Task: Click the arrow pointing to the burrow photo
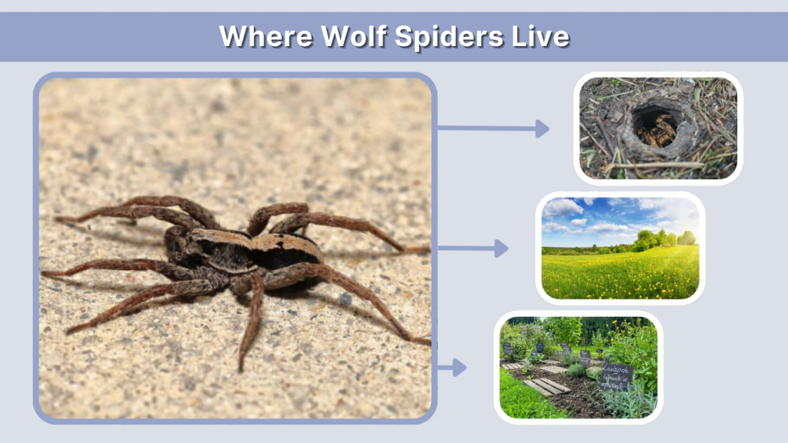click(x=493, y=128)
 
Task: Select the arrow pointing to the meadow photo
click(x=472, y=248)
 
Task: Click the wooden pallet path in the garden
click(x=546, y=384)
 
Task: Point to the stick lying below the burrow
click(x=654, y=165)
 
